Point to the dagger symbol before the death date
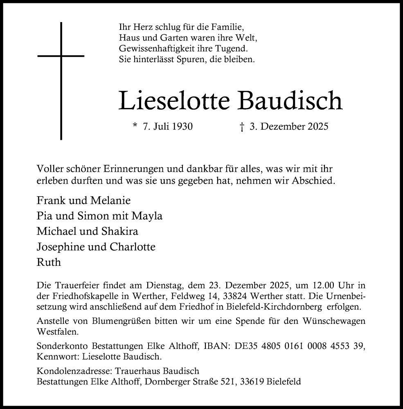[x=242, y=127]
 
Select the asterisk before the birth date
[x=135, y=126]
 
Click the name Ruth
[x=48, y=262]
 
